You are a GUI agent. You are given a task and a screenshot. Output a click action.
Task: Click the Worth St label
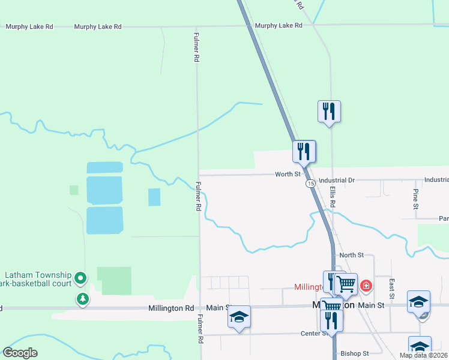[x=288, y=175]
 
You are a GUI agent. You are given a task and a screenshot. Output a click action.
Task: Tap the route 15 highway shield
[x=310, y=182]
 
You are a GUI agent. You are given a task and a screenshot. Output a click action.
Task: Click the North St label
[x=352, y=255]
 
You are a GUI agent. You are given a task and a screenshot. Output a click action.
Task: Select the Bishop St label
[x=354, y=353]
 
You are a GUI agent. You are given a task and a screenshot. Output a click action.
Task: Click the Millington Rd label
[x=172, y=308]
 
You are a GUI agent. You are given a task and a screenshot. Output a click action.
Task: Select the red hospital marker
[x=366, y=286]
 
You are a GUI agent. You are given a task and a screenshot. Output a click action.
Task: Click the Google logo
[x=20, y=353]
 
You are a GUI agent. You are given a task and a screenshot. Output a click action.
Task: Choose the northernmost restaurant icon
[x=329, y=112]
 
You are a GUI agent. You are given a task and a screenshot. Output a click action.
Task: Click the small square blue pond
[x=154, y=197]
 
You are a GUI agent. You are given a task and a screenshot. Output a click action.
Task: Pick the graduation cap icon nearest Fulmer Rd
[x=239, y=317]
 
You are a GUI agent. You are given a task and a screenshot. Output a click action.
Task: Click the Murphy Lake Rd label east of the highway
[x=278, y=26]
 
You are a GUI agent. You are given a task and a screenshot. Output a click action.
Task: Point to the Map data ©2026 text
[x=423, y=355]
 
